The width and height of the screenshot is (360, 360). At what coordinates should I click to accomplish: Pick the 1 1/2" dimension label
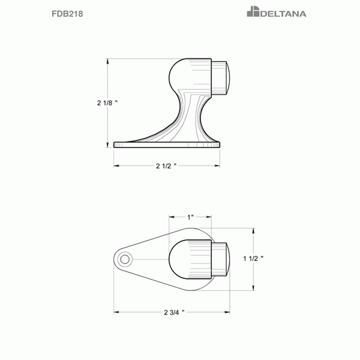coord(254,258)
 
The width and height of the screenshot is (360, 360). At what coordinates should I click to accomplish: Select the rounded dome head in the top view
coord(189,259)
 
